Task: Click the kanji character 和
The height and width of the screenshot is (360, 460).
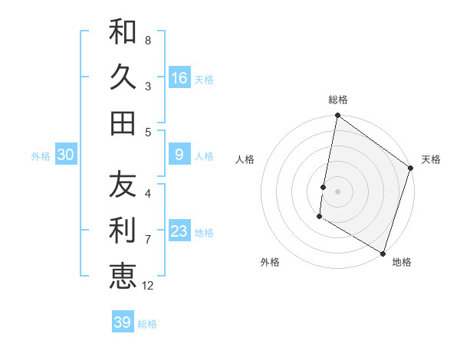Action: coord(123,31)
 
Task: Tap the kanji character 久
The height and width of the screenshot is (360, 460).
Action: coord(123,77)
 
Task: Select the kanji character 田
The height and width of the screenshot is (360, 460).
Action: coord(123,122)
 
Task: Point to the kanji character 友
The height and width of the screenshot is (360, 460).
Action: coord(123,185)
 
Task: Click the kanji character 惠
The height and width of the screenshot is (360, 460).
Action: coord(123,275)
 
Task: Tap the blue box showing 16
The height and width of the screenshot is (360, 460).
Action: coord(179,77)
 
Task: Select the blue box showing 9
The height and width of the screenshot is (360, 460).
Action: coord(179,155)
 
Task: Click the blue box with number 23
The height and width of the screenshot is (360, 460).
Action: coord(179,231)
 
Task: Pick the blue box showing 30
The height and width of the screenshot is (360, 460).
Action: coord(66,155)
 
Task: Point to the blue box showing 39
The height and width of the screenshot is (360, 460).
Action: coord(122,322)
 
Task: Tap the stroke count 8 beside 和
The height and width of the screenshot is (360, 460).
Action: coord(148,40)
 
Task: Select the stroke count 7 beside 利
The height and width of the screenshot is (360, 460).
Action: coord(148,240)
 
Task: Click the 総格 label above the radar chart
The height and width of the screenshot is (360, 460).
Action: coord(338,100)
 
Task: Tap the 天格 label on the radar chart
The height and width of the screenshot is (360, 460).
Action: coord(431,159)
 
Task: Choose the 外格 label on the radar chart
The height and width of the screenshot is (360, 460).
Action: coord(270,262)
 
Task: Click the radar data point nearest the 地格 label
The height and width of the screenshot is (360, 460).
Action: coord(383,252)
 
